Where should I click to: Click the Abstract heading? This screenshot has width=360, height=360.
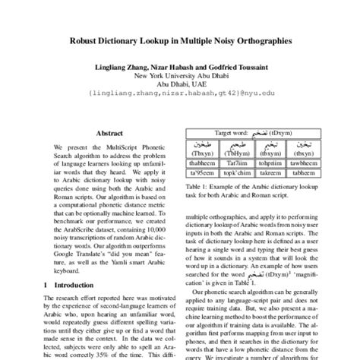(109, 132)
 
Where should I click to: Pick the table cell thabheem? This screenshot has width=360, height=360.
(203, 161)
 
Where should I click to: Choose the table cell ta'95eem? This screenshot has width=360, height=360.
(203, 172)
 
